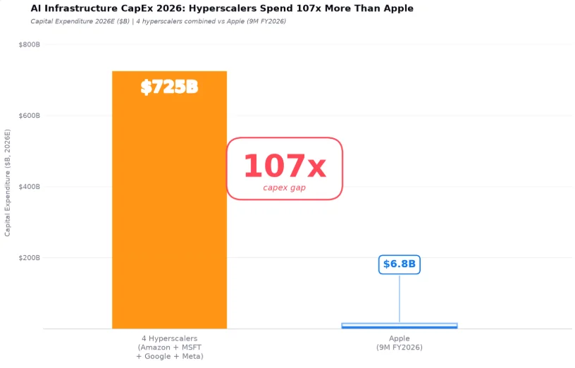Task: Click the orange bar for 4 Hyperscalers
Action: tap(169, 200)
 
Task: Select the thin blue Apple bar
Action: tap(400, 326)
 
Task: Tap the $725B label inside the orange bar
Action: tap(169, 87)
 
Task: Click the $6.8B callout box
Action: tap(400, 264)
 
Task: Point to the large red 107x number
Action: tap(285, 166)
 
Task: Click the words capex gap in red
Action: tap(284, 188)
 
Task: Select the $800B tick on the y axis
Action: tap(30, 44)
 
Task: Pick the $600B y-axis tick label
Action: tap(30, 116)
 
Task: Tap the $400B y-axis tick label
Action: tap(30, 187)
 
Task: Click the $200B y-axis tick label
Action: tap(30, 258)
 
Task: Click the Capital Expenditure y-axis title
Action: tap(7, 183)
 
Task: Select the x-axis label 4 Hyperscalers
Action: tap(169, 338)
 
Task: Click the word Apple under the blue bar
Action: tap(400, 338)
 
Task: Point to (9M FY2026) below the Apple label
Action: tap(400, 348)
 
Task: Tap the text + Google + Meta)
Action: tap(169, 356)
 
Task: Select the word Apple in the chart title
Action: tap(399, 8)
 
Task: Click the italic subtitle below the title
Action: tap(158, 21)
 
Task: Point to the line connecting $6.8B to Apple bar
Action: tap(400, 299)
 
